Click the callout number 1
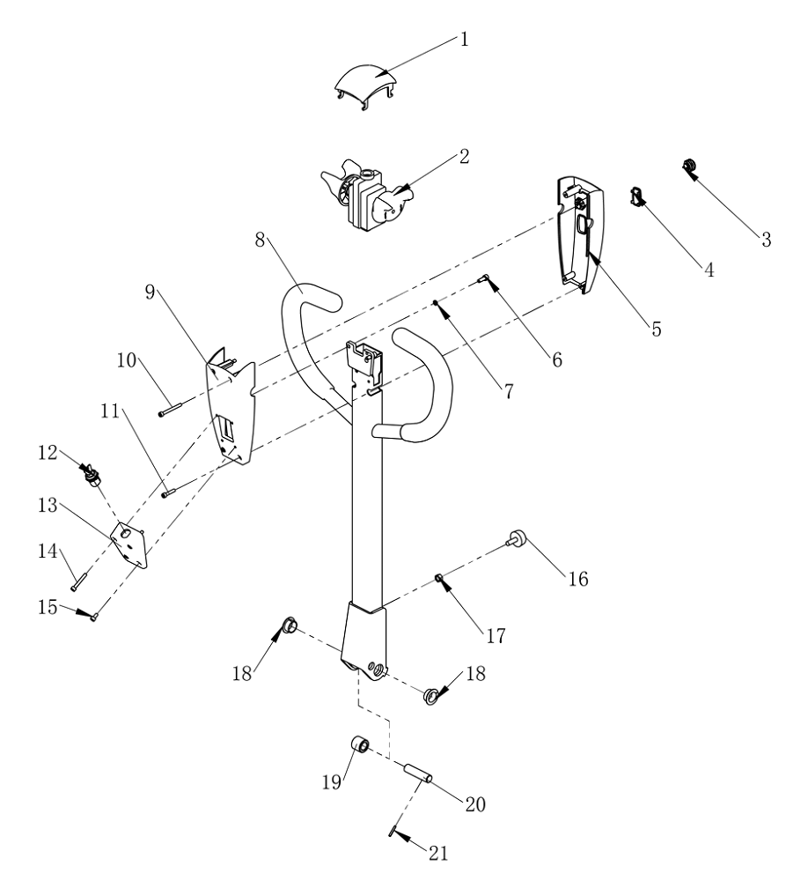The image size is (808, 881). tap(464, 40)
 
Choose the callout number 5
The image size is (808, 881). tap(656, 329)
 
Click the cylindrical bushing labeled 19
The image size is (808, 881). tap(360, 748)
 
